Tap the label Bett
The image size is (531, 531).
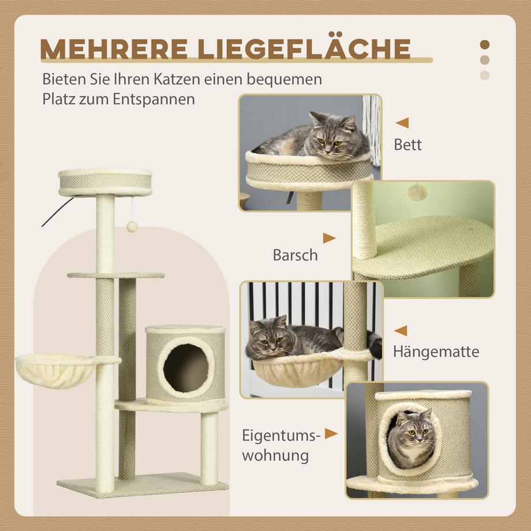coord(407,144)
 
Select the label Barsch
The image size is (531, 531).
coord(295,255)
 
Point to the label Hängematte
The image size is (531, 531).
coord(436,351)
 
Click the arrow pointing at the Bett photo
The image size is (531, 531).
coord(402,122)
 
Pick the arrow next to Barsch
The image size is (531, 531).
coord(329,238)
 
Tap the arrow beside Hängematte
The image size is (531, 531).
coord(401,331)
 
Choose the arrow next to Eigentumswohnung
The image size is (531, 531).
coord(331,433)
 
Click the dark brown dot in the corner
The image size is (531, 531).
coord(485,44)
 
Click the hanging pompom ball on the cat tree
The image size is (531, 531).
coord(132,227)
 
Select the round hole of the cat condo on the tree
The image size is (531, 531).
coord(185,368)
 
